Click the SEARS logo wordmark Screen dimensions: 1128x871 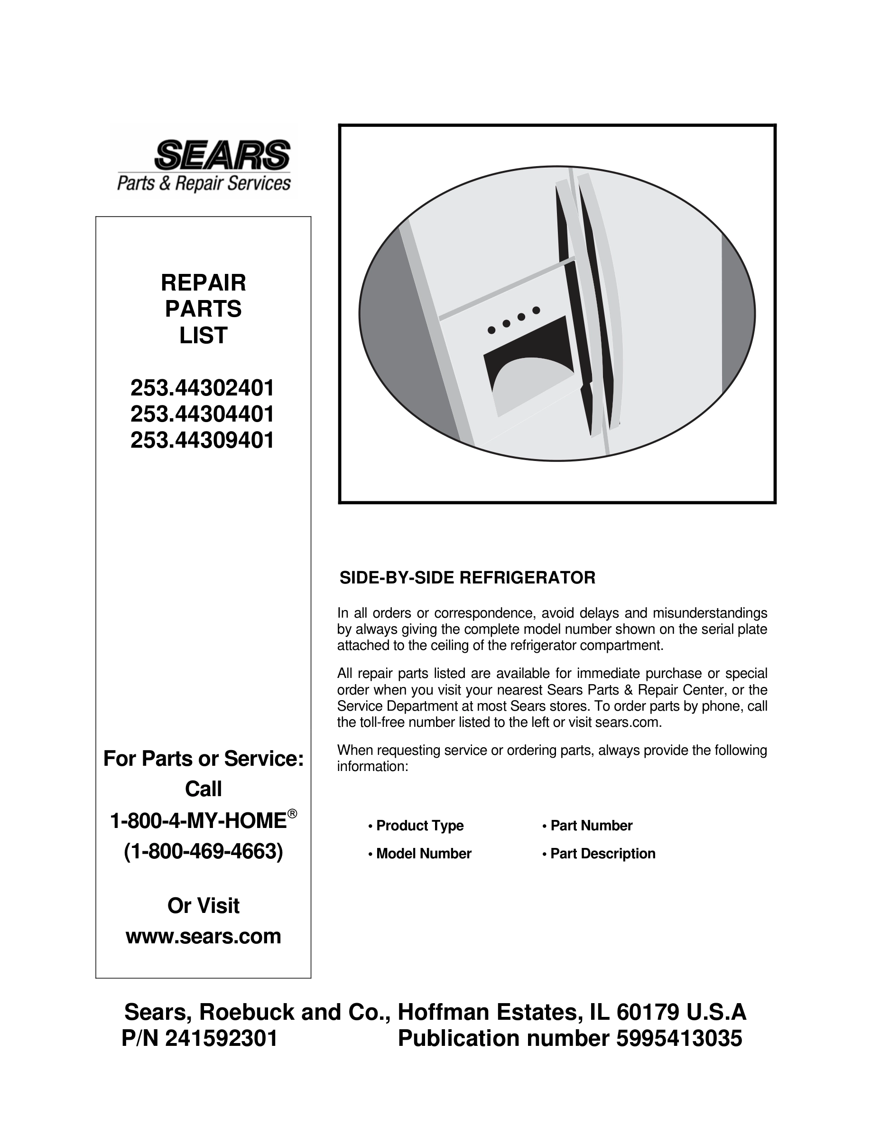tap(222, 154)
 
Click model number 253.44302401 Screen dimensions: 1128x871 tap(202, 388)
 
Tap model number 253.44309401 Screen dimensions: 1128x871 tap(202, 441)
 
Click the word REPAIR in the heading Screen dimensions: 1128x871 tap(204, 282)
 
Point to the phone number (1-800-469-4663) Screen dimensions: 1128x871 tap(204, 852)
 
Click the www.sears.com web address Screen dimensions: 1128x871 tap(204, 936)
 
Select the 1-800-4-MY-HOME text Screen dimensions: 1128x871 tap(199, 821)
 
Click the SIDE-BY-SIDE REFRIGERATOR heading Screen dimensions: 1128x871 tap(467, 577)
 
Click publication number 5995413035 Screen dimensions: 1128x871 tap(679, 1038)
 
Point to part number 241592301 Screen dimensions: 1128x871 tap(222, 1038)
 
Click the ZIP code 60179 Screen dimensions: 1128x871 tap(648, 1012)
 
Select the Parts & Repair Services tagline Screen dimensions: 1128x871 tap(204, 183)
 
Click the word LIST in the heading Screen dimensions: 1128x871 tap(204, 336)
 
